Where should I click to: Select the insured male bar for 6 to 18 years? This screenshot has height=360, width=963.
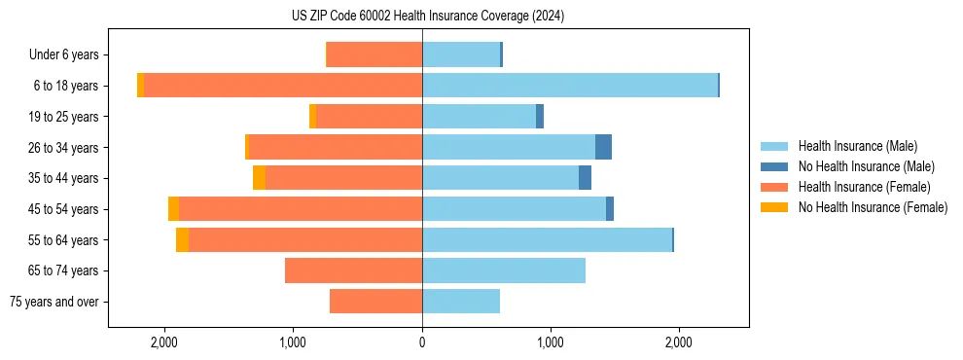click(569, 86)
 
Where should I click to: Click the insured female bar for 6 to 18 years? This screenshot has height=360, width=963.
click(282, 86)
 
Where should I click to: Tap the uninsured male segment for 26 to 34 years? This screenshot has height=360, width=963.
click(603, 147)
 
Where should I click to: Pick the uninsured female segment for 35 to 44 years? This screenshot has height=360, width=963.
click(259, 178)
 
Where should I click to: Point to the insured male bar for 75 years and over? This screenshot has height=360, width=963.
click(461, 302)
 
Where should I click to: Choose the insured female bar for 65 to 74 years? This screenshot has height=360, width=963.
click(353, 270)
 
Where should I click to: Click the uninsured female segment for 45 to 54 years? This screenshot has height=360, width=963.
click(173, 209)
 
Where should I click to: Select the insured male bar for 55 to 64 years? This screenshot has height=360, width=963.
click(547, 239)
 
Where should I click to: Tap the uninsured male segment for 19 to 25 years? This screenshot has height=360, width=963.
click(540, 117)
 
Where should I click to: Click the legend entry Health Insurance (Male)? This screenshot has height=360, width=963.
click(857, 146)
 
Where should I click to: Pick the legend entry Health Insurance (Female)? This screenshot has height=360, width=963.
click(863, 187)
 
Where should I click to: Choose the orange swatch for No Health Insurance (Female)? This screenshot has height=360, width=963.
click(775, 207)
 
